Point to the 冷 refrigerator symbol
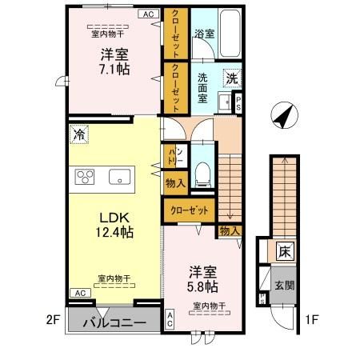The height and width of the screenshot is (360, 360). pos(78,135)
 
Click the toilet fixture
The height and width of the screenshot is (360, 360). pos(203,169)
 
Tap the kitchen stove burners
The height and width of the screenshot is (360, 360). pos(86,177)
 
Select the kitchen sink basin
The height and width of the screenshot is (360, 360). pos(120,177)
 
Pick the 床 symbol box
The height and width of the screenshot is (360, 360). pos(285,251)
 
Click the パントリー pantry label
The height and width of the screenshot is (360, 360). pos(175,156)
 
